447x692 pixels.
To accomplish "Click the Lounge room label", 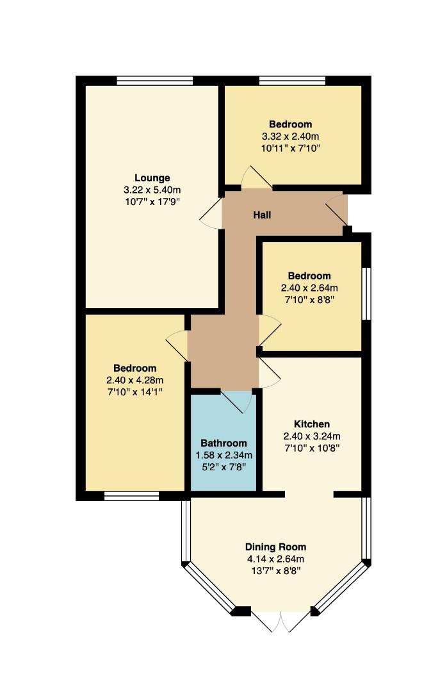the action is click(152, 178).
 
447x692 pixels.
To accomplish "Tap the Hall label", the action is click(262, 215).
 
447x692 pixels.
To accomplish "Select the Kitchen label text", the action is click(312, 424).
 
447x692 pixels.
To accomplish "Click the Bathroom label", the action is click(224, 443).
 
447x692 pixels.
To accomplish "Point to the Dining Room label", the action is click(276, 547).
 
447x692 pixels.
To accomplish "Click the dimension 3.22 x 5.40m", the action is click(152, 190).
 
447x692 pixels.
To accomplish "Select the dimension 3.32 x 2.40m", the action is click(290, 136).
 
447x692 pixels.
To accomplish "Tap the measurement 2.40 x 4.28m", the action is click(135, 380).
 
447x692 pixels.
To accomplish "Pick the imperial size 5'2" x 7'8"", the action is click(224, 467).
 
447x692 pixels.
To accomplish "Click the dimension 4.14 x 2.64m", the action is click(276, 559).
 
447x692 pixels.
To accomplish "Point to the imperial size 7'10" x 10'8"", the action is click(312, 448).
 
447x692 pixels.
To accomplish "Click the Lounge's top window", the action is click(155, 80).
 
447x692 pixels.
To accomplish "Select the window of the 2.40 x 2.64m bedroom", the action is click(366, 293).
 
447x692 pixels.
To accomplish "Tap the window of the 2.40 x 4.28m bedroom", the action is click(131, 497).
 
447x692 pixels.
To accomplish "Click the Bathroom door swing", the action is click(236, 401).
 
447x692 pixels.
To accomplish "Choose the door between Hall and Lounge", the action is click(211, 213).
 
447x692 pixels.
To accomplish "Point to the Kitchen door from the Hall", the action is click(269, 373).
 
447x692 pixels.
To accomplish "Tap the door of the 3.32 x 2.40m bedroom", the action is click(257, 178).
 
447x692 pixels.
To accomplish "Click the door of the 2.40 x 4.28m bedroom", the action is click(177, 345).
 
